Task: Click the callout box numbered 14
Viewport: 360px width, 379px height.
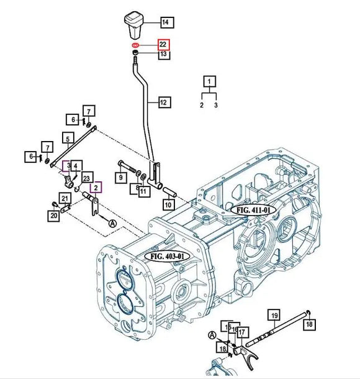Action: tap(165, 23)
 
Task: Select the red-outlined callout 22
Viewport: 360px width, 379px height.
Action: tap(163, 45)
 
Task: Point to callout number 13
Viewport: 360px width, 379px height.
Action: tap(163, 55)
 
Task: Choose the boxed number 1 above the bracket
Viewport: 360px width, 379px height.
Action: tap(210, 81)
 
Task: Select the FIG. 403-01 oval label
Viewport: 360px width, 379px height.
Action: tap(165, 255)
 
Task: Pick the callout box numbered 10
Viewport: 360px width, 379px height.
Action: tap(168, 204)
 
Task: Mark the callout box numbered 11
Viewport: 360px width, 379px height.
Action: tap(143, 191)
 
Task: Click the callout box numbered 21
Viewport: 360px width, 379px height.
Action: tap(65, 199)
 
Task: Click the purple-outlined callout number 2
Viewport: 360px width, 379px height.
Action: tap(96, 187)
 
